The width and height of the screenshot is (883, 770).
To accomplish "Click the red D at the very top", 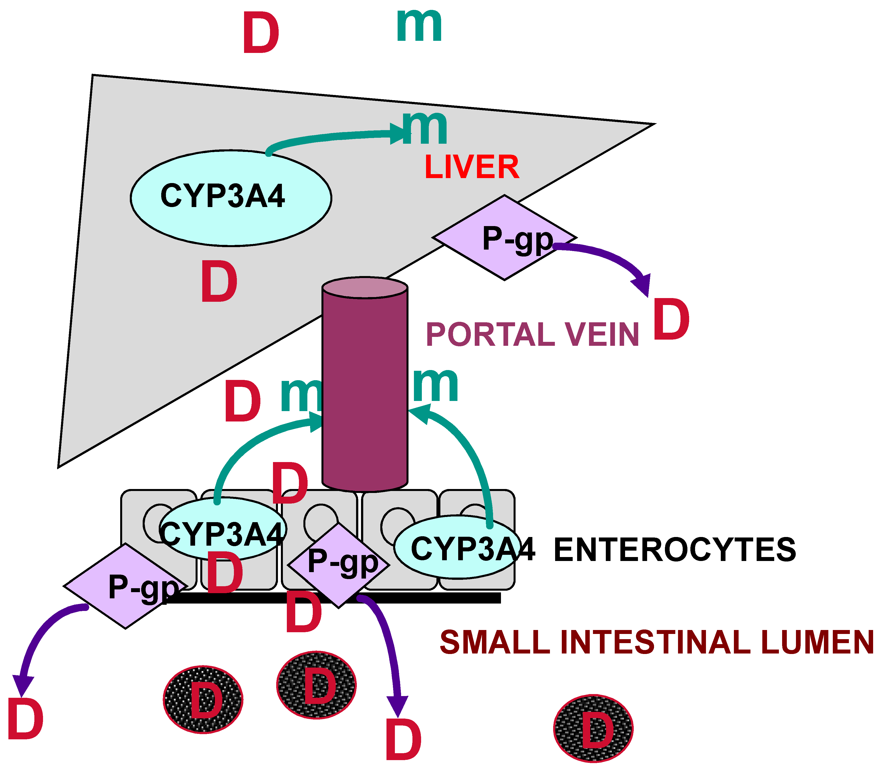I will pos(261,33).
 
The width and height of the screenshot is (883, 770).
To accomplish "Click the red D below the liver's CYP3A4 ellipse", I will pos(219,281).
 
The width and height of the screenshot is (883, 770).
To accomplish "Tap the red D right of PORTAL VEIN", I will pos(671,320).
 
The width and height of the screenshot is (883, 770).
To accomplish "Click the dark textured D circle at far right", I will pos(593,728).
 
